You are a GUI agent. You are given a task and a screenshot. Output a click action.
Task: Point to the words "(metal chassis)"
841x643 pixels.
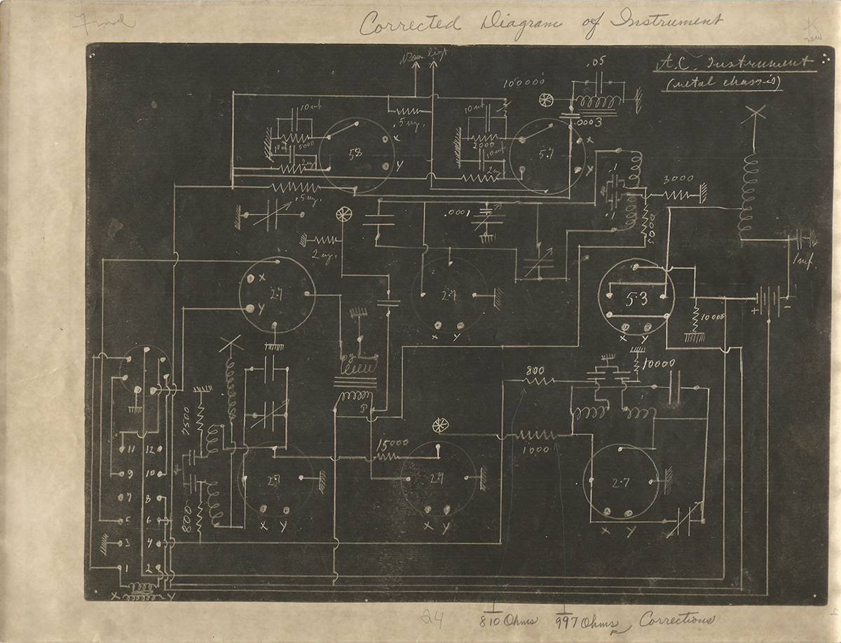coord(723,83)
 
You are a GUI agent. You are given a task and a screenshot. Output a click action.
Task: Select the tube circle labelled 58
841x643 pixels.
coord(356,155)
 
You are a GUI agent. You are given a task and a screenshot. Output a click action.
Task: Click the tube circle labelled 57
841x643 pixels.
coord(547,156)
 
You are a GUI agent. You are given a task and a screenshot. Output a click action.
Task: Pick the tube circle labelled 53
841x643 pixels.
coord(636,298)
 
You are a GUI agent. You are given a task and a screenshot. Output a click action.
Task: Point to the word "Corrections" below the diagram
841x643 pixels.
coord(676,619)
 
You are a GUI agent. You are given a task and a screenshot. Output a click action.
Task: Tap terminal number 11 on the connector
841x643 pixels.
coord(130,448)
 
